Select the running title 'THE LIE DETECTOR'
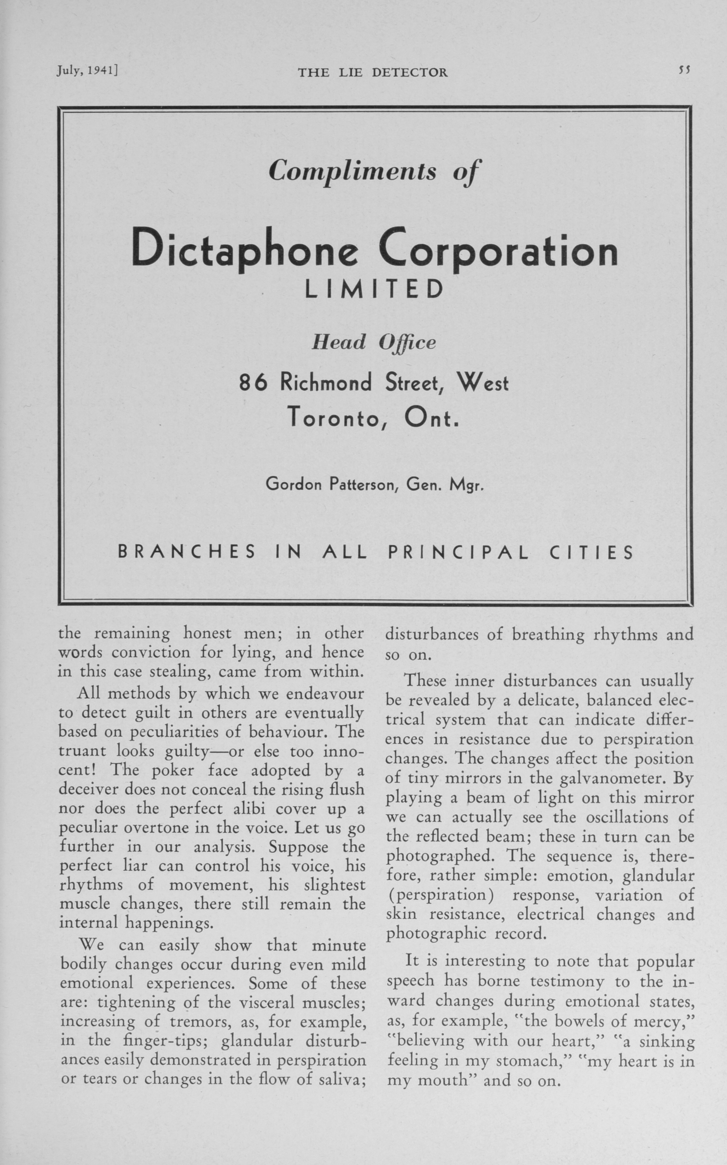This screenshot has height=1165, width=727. point(373,73)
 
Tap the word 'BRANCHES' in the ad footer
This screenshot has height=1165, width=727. point(187,553)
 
